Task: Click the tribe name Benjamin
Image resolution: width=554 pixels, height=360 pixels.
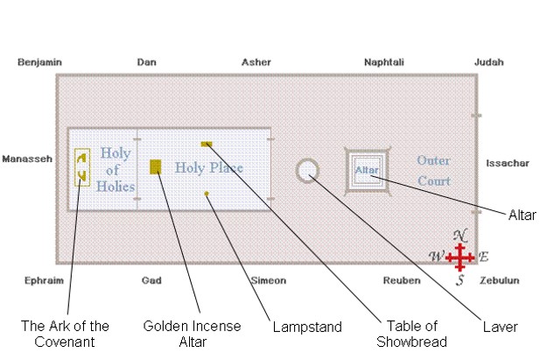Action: pos(39,62)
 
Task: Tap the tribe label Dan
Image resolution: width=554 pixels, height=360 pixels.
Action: pos(147,62)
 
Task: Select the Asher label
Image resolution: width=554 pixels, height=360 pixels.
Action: pos(256,62)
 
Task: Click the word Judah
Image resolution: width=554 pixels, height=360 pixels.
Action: pos(488,62)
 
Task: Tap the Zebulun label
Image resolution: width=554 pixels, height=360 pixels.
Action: pos(499,281)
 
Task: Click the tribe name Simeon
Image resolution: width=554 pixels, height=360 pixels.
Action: pos(268,281)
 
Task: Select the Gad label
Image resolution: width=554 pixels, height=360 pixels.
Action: pos(151,281)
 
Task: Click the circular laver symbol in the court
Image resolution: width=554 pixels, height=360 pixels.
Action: pos(307,170)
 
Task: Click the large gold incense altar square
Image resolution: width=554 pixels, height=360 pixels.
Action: pos(156,167)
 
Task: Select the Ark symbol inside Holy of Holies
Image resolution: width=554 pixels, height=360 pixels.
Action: pos(81,167)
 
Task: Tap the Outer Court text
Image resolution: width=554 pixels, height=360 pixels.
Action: pos(433,171)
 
